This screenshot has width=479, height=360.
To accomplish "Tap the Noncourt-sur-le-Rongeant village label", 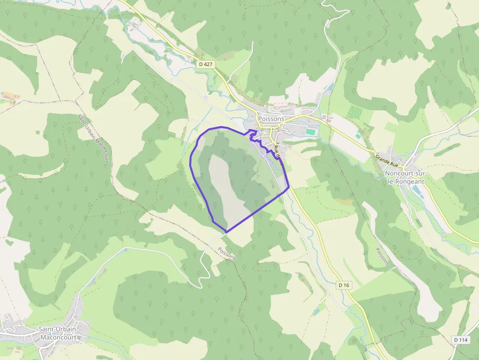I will tap(404, 177).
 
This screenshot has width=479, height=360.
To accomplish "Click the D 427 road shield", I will tap(205, 64).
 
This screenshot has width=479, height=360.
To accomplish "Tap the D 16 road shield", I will tap(344, 285).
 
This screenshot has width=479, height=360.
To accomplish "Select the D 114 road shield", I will tap(460, 340).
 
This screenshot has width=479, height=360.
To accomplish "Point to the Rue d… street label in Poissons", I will tap(279, 153).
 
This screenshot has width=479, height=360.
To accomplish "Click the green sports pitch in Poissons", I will tap(311, 131).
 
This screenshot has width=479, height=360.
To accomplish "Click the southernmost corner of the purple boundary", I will tap(226, 232).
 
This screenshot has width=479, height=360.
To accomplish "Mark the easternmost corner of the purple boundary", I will tap(289, 187).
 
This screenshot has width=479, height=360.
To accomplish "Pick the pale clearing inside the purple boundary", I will tap(222, 186).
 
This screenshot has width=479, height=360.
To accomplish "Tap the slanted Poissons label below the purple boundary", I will tap(226, 253).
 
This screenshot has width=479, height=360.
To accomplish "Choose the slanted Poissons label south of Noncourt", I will tap(382, 256).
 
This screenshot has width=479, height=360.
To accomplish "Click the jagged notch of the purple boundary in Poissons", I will tap(253, 134).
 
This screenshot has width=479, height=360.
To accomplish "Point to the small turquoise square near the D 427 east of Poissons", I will tap(358, 136).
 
